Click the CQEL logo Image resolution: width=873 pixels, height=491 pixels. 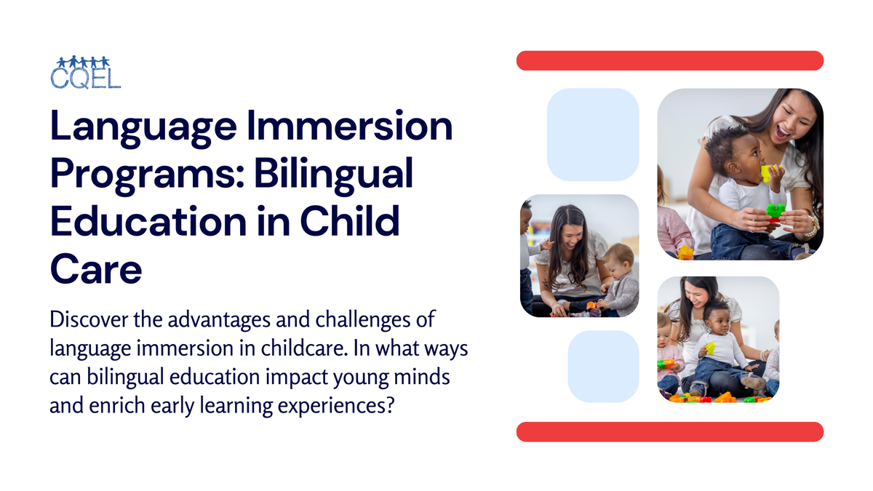pyautogui.click(x=85, y=71)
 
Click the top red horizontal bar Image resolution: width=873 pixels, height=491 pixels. pyautogui.click(x=669, y=60)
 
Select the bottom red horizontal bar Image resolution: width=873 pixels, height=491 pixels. pyautogui.click(x=669, y=431)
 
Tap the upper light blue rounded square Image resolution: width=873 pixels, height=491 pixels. pyautogui.click(x=593, y=135)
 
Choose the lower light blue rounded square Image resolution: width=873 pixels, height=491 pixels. pyautogui.click(x=603, y=367)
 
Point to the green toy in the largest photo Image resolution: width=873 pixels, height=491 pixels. pyautogui.click(x=776, y=211)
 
